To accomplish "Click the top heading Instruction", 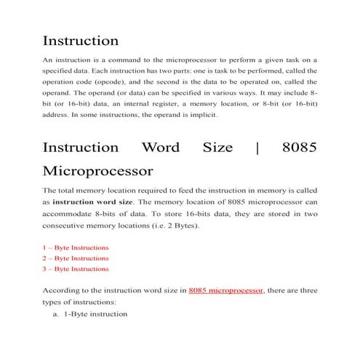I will click(80, 41).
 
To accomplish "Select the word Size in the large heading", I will click(217, 148).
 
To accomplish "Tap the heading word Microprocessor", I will click(97, 172).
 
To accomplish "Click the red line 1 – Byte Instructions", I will click(76, 247).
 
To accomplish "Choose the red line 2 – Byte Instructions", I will click(76, 258).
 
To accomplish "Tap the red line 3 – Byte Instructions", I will click(76, 269).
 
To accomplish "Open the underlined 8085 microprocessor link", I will click(225, 290).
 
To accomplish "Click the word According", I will click(63, 290).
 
